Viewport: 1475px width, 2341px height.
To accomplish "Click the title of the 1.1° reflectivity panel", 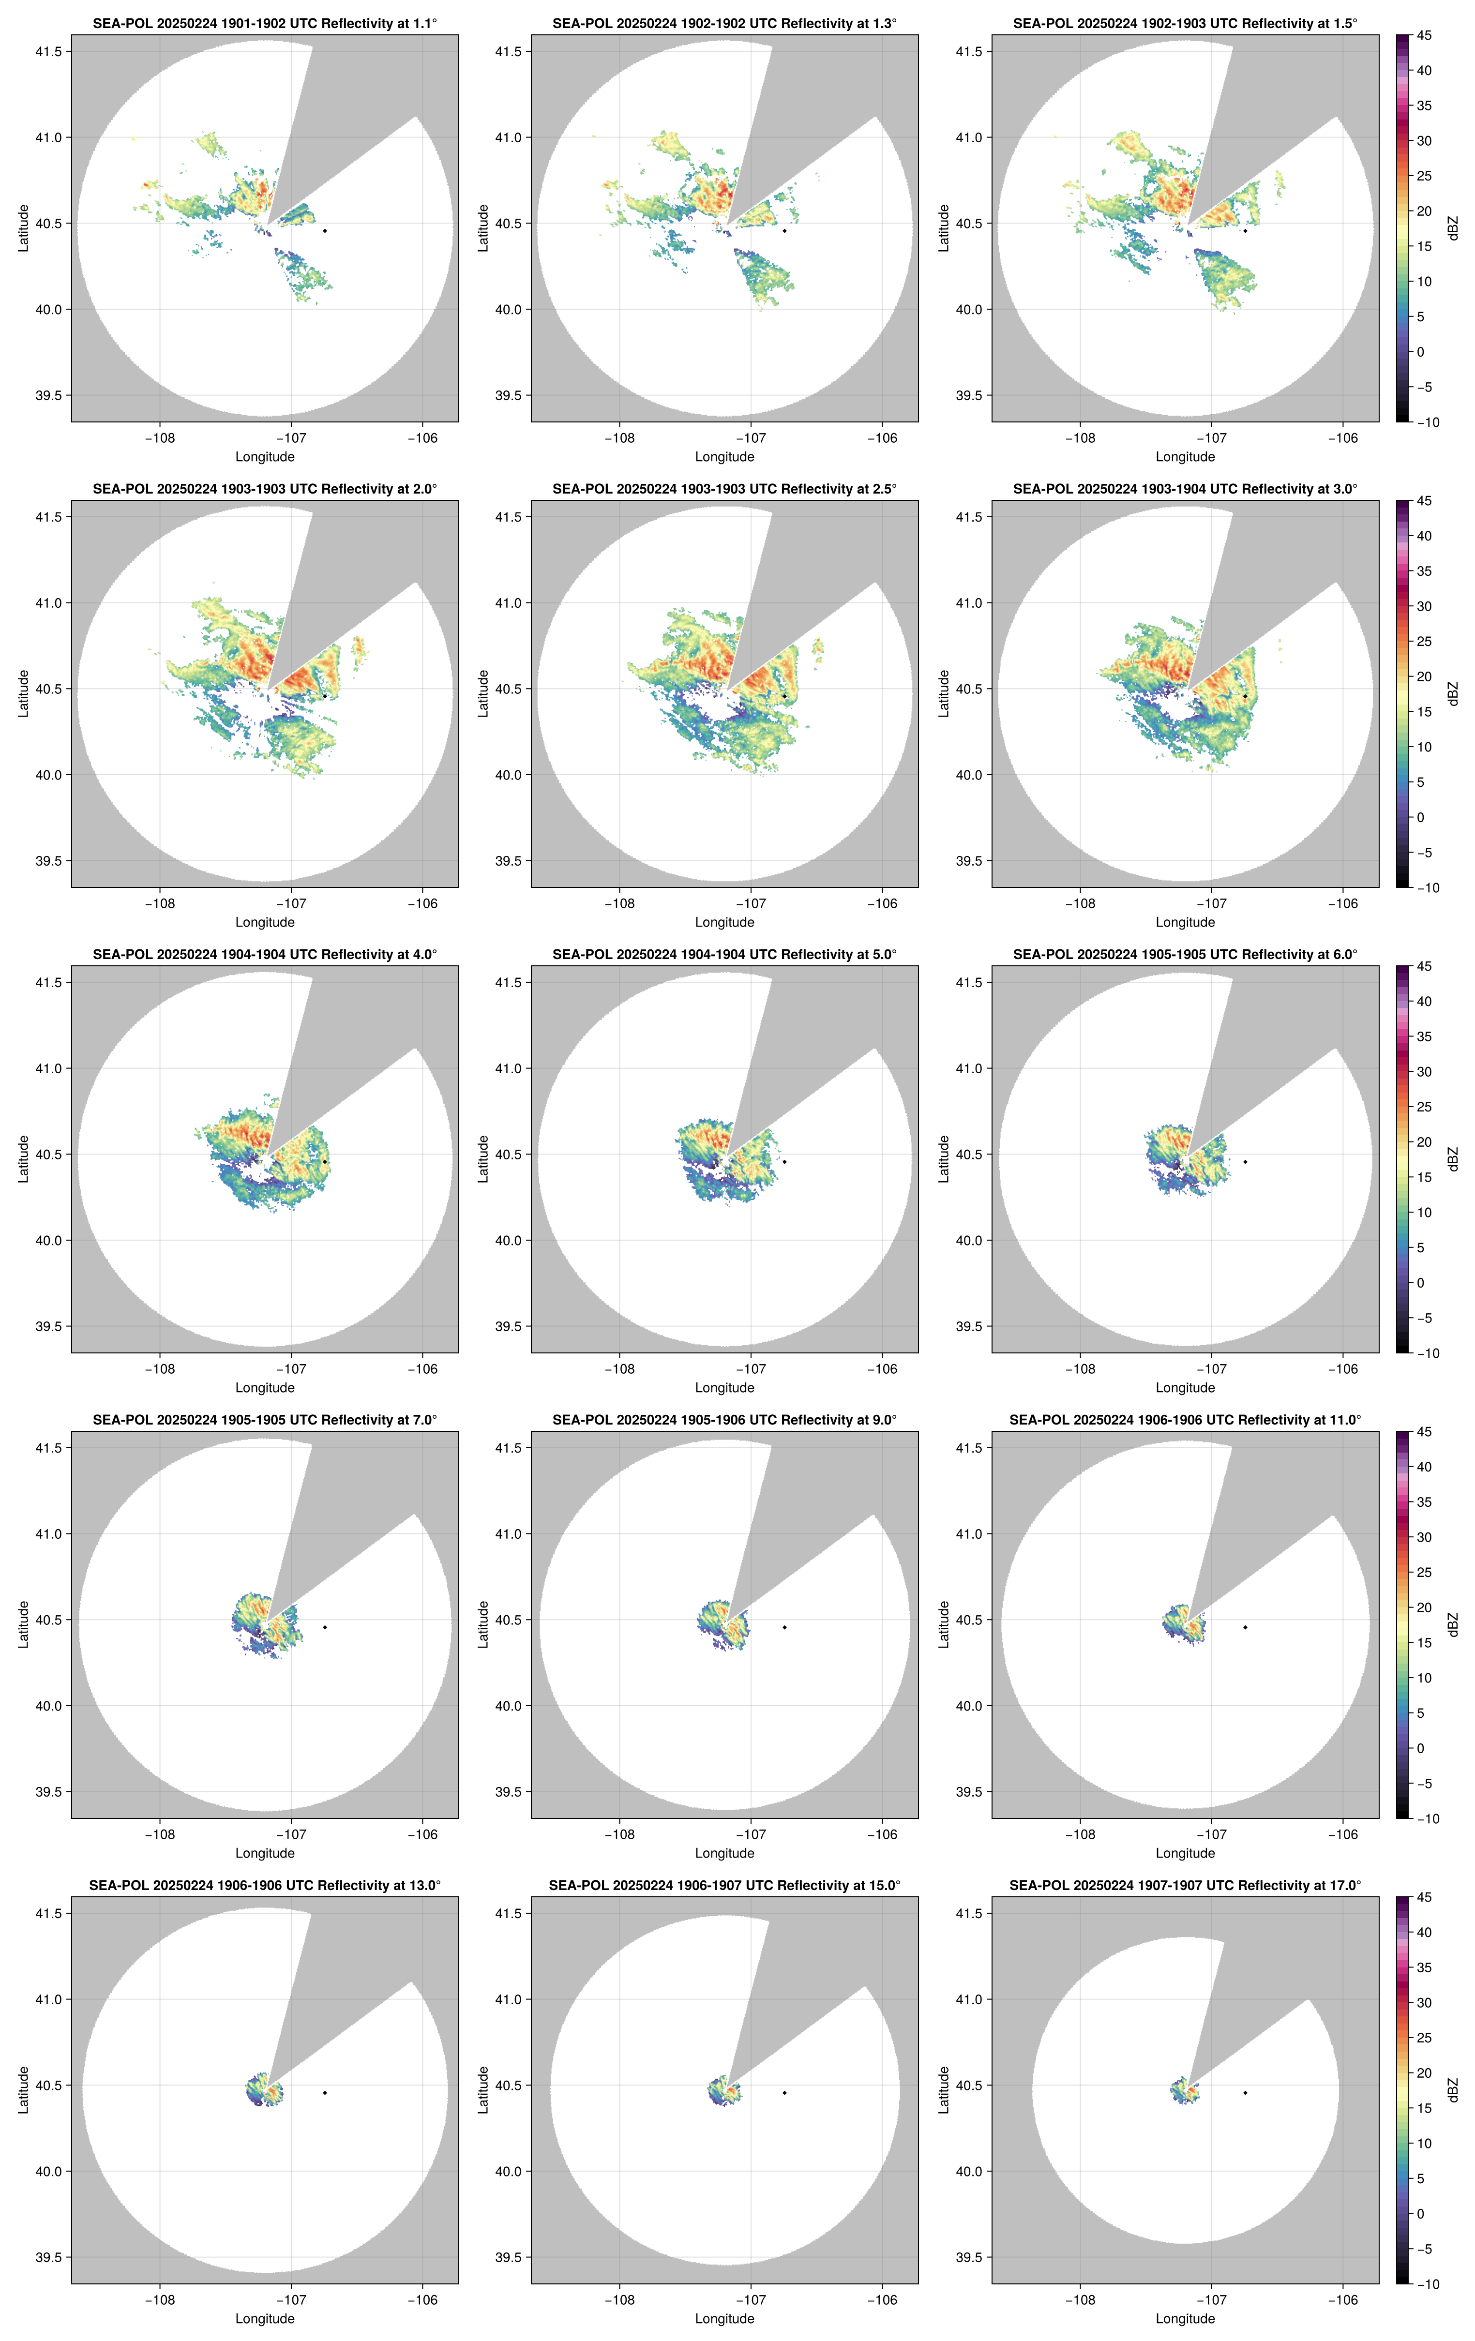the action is (x=265, y=23).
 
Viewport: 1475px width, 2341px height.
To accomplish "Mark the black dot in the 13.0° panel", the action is (x=325, y=2092).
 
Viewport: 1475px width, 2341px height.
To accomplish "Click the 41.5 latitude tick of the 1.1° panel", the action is (x=48, y=51).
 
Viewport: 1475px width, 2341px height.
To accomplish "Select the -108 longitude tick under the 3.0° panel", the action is (x=1080, y=903).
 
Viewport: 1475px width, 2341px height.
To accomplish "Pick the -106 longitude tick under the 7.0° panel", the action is (x=423, y=1834).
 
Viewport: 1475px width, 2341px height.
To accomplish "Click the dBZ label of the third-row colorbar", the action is (x=1453, y=1159).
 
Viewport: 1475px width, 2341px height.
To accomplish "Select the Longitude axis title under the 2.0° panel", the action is (x=265, y=923).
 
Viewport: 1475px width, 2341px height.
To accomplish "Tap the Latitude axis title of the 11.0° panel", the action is (x=943, y=1624).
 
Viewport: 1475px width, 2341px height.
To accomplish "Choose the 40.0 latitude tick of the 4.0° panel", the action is (x=48, y=1241).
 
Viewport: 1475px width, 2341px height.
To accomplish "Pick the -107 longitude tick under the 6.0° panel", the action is (x=1211, y=1369).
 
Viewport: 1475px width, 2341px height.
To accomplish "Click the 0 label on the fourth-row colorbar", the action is (x=1420, y=1748).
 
